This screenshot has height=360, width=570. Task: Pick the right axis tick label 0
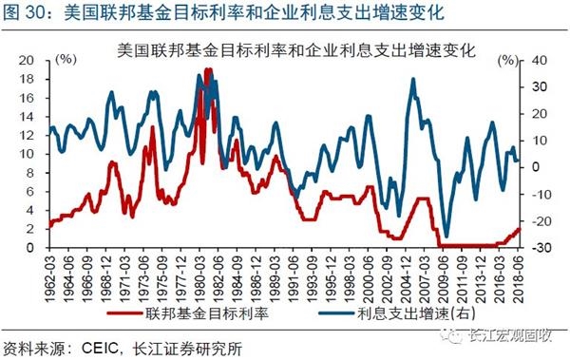[537, 166]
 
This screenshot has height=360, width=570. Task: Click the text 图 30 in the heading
[24, 12]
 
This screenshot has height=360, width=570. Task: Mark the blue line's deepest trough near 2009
[446, 237]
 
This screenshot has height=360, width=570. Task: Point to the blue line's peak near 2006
[412, 79]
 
